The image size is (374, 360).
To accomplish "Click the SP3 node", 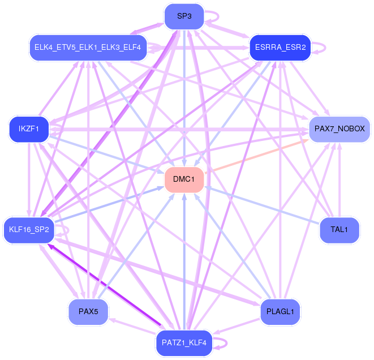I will pos(184,16).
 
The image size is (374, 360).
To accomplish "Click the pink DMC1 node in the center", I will pos(184,179).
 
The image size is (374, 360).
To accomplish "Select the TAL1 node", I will pos(339,230).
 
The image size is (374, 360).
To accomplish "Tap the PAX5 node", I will pos(88,311).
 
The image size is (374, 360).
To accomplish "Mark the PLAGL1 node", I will pos(280,311).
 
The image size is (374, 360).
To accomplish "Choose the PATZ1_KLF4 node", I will pos(184,342).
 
